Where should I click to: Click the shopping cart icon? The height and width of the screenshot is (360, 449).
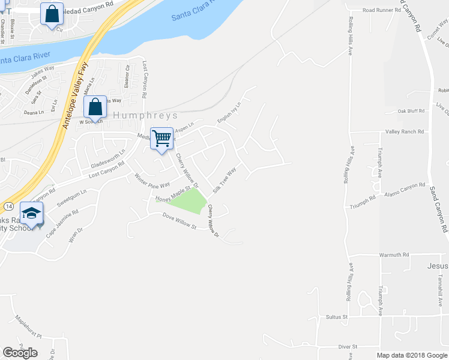162,139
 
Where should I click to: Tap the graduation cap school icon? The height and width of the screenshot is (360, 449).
32,213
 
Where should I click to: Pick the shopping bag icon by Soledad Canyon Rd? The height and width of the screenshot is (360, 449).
52,14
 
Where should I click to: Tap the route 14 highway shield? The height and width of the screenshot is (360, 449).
8,206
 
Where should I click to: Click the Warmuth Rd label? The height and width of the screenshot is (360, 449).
394,254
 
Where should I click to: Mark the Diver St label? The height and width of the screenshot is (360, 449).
348,347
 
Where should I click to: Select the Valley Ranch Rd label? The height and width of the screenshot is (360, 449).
405,131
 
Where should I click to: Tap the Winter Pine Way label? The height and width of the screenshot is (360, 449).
152,179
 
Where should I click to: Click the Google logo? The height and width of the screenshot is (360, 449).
20,353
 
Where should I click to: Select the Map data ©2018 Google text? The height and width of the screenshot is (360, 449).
412,355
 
